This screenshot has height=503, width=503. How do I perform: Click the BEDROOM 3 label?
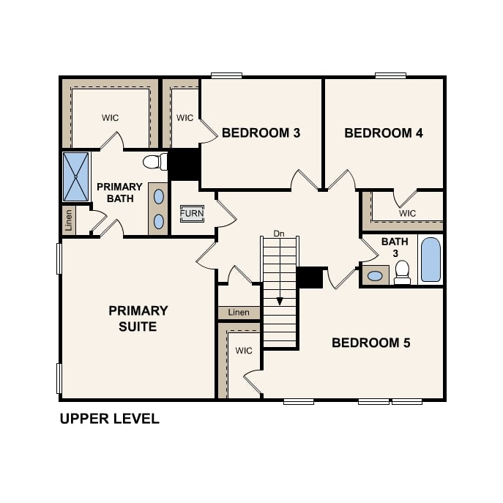[x=261, y=133]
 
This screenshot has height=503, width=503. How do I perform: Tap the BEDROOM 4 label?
[x=384, y=133]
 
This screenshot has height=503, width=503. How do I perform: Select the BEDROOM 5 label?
[x=371, y=343]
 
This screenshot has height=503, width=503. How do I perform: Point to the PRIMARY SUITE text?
[x=138, y=318]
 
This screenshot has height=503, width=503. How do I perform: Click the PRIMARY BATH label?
[x=119, y=193]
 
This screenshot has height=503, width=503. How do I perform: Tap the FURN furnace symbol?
[x=192, y=214]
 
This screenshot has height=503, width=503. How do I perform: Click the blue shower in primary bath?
[x=75, y=176]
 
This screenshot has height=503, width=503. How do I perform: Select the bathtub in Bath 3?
[x=431, y=260]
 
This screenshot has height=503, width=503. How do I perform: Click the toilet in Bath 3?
[x=402, y=273]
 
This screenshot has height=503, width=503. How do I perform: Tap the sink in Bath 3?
[x=376, y=276]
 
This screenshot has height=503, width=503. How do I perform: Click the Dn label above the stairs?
[x=278, y=234]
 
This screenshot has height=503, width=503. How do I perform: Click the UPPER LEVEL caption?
[x=109, y=420]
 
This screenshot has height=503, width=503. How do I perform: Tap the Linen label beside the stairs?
[x=239, y=313]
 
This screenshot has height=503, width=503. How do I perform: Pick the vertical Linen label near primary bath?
[x=69, y=220]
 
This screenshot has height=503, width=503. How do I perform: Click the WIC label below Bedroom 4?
[x=407, y=213]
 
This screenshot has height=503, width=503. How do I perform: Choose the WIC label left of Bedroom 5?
[x=244, y=351]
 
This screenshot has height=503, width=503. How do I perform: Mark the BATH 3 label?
[x=389, y=247]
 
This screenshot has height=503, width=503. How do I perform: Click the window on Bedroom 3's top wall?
[x=226, y=75]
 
